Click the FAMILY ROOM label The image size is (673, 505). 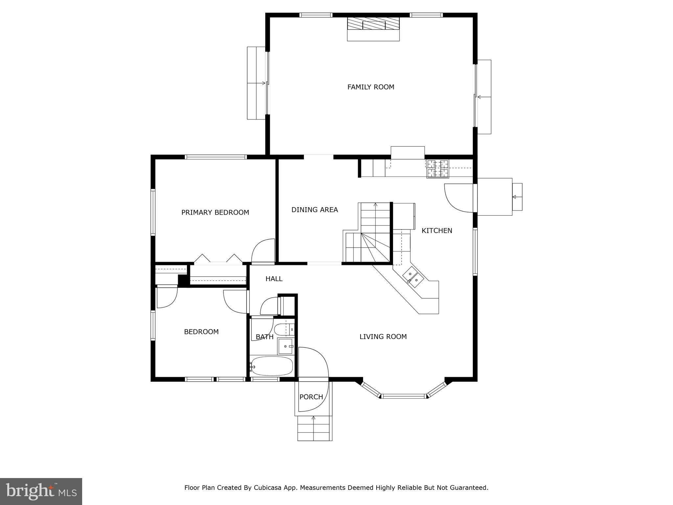coord(371,87)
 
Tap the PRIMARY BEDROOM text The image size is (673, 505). coord(215,212)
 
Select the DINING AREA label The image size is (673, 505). coord(314,210)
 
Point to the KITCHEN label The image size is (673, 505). coord(437,231)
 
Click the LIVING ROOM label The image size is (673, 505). coord(383,337)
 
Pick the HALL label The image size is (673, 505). coord(274,279)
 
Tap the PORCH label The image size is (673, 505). coord(311,397)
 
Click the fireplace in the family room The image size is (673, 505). coord(373,24)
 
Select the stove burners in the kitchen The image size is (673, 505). coord(438,169)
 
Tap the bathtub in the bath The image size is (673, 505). coord(272,366)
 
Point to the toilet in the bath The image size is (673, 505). coord(283,329)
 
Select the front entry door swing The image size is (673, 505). coord(314,363)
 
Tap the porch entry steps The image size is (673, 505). coord(314,428)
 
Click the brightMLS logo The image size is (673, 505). coord(41,491)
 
